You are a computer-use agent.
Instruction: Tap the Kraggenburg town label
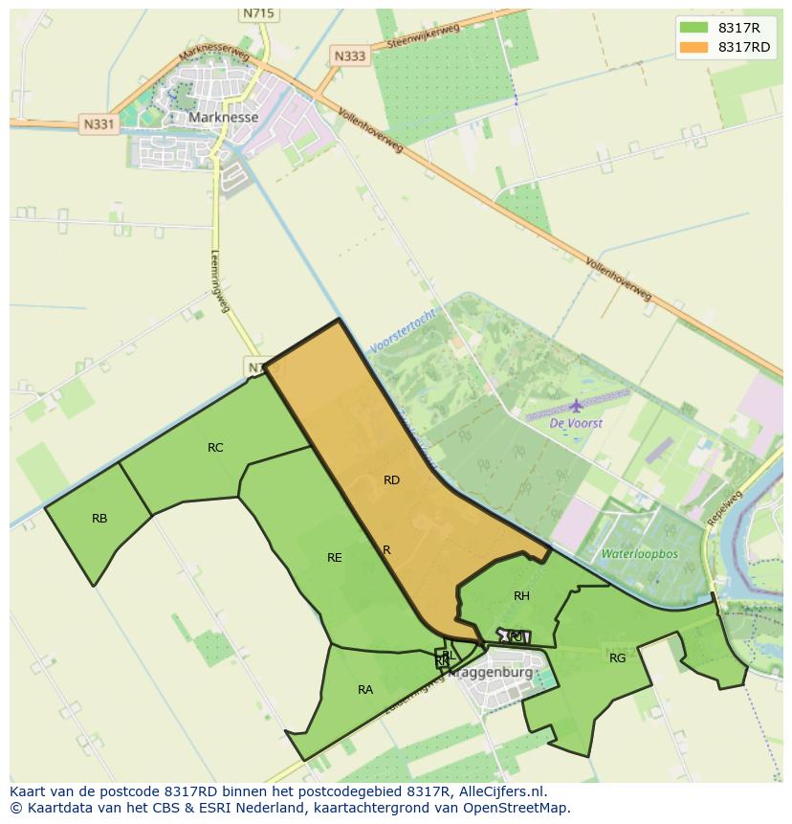point(492,672)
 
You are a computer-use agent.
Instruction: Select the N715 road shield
point(258,13)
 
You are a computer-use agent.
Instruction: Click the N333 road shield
point(350,56)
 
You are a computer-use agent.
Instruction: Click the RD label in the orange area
point(391,480)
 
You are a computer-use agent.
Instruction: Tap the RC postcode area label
point(215,447)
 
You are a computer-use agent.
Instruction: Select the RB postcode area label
point(99,519)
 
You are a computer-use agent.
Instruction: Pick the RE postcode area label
point(334,557)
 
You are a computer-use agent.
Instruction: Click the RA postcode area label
point(365,689)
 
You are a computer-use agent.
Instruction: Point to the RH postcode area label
point(521,595)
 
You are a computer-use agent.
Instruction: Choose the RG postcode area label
point(617,657)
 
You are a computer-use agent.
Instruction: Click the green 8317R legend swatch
point(693,27)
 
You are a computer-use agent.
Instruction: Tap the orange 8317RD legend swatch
point(693,47)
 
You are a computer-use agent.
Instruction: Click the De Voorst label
point(576,423)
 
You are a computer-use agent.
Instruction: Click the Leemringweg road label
point(220,280)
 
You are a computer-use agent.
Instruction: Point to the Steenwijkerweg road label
point(424,36)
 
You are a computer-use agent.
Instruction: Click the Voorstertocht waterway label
point(402,331)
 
